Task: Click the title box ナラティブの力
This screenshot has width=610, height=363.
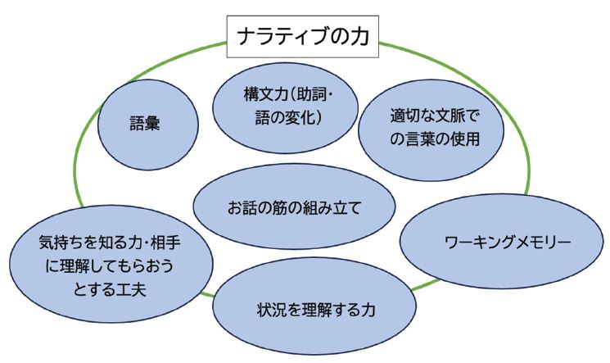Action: coord(302,37)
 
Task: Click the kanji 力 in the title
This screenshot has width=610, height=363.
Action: coord(357,37)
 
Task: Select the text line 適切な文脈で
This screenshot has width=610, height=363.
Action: coord(421,115)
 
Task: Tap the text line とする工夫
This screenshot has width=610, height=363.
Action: coord(95,290)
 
